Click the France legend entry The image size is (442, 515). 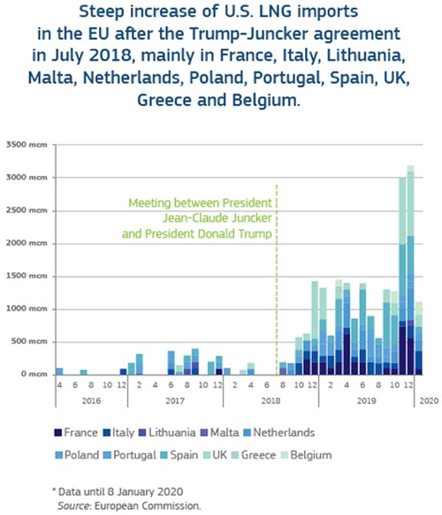[76, 433]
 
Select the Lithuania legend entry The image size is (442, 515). [167, 433]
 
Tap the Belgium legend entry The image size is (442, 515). [307, 455]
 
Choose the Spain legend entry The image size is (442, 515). [179, 455]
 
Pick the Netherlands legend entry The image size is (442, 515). [279, 433]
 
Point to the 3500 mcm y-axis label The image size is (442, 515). [27, 145]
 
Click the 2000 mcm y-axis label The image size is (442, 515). [27, 244]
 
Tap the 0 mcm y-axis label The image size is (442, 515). [34, 374]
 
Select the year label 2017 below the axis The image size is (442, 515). [175, 401]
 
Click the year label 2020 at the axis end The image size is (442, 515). [429, 401]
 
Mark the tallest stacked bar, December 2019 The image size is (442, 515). [410, 270]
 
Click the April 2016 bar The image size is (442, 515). [59, 371]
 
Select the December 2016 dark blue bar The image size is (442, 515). [123, 372]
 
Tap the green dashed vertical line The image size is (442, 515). [277, 279]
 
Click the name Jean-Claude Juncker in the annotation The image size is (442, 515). [217, 218]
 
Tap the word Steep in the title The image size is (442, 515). [102, 11]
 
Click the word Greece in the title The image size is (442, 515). [164, 100]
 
